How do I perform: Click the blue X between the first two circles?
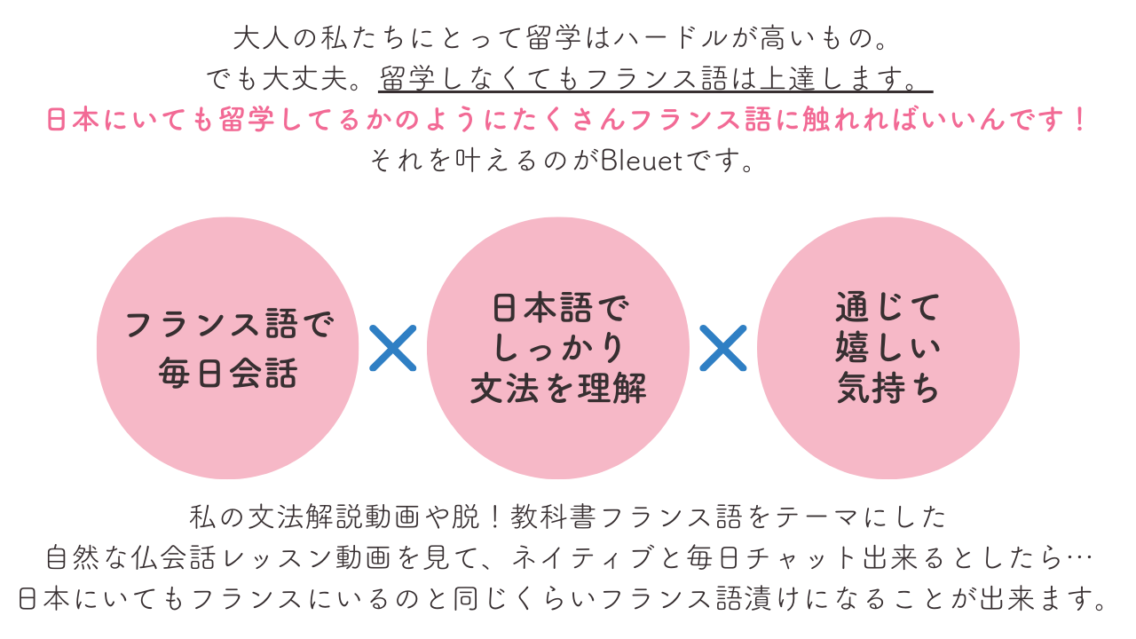392,348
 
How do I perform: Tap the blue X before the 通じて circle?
722,348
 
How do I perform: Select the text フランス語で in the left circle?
229,325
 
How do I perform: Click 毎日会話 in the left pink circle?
228,374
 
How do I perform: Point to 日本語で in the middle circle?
558,310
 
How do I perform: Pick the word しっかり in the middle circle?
558,349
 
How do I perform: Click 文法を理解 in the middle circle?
558,389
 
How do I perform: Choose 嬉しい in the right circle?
887,348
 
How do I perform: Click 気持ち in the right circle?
887,389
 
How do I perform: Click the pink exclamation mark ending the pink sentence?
1079,120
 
